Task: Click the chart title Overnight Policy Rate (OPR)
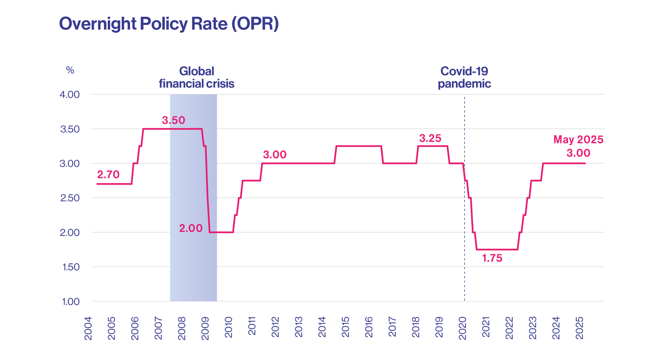[169, 24]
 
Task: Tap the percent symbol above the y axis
[70, 70]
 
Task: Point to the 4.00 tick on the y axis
[69, 94]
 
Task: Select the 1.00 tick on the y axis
[70, 302]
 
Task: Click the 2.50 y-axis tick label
[70, 198]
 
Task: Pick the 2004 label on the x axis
[88, 328]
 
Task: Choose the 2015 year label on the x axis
[346, 327]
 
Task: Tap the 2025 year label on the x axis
[580, 328]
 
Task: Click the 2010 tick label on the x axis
[229, 327]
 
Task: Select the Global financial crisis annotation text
[196, 77]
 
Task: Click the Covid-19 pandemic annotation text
[464, 77]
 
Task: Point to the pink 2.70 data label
[108, 175]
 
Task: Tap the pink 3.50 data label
[173, 120]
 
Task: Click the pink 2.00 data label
[191, 228]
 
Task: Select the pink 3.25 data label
[430, 138]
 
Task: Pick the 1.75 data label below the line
[492, 258]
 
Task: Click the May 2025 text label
[578, 139]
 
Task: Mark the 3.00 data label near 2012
[274, 155]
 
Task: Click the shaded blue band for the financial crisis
[193, 265]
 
